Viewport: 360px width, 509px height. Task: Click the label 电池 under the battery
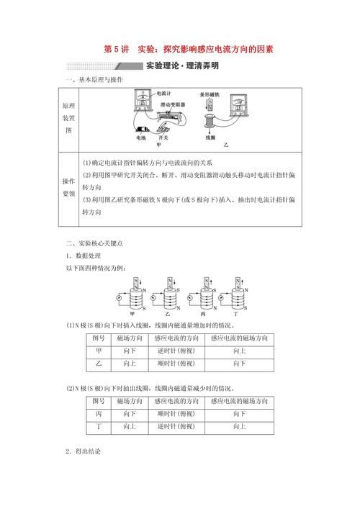pyautogui.click(x=140, y=138)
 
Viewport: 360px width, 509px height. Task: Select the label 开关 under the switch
pyautogui.click(x=163, y=138)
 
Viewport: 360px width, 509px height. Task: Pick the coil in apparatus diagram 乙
pyautogui.click(x=210, y=119)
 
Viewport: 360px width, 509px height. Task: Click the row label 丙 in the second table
pyautogui.click(x=98, y=414)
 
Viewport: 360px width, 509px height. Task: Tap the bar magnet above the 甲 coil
pyautogui.click(x=135, y=282)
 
